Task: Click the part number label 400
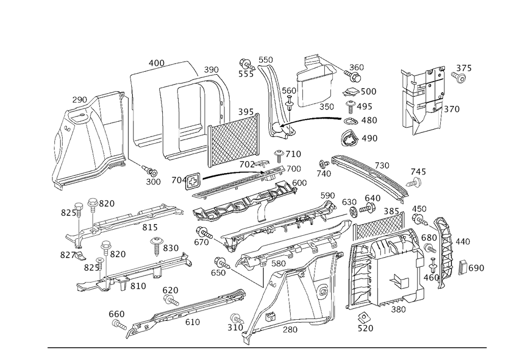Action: pos(156,63)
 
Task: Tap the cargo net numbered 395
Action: pos(234,140)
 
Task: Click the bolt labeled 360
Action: pos(352,76)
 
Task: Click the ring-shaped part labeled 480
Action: pos(351,121)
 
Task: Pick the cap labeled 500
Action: pos(351,92)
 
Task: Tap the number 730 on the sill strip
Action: pos(382,165)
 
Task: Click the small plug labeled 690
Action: pos(463,267)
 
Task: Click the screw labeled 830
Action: pos(156,246)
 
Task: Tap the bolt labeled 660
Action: pos(120,324)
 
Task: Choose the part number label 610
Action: pos(192,322)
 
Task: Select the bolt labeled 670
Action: pos(204,233)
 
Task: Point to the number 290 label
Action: pos(79,100)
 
